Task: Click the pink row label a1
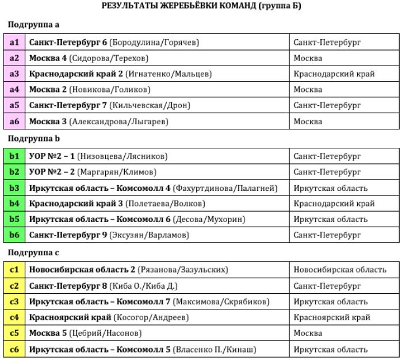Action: (x=14, y=43)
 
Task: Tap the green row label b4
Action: (x=14, y=204)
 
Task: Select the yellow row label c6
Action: (x=14, y=350)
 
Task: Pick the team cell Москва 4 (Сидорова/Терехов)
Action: (x=89, y=58)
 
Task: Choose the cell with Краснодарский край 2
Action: (x=120, y=74)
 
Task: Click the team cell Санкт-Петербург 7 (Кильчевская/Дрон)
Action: (x=109, y=106)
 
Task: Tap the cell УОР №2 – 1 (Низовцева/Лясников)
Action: (x=98, y=156)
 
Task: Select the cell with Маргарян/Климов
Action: (x=93, y=172)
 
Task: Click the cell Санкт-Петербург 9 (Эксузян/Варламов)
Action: (x=109, y=235)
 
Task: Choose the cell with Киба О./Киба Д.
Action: (x=104, y=286)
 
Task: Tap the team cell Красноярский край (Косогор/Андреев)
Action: (x=109, y=317)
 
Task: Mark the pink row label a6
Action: (x=14, y=122)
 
